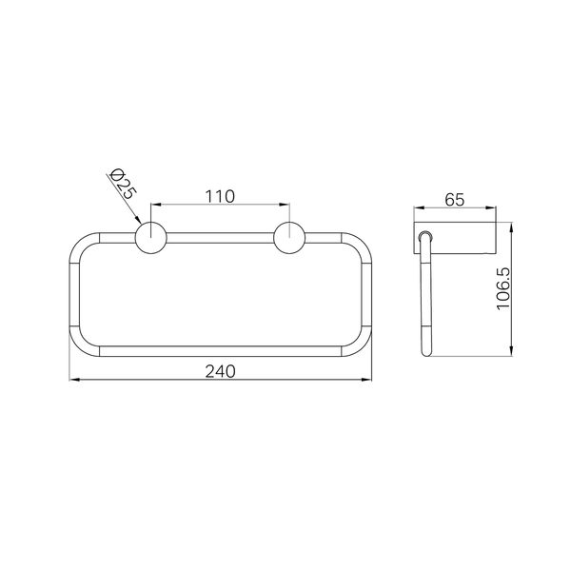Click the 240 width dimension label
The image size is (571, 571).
click(221, 371)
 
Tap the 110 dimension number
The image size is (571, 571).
click(220, 197)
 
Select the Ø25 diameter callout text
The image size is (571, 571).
click(123, 184)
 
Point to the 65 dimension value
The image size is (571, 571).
click(455, 200)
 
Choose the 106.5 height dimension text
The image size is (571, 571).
click(504, 288)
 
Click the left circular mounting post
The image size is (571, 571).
click(150, 237)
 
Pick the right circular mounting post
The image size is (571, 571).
click(289, 237)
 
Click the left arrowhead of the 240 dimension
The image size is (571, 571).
click(74, 380)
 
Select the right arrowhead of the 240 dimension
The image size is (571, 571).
click(366, 380)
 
